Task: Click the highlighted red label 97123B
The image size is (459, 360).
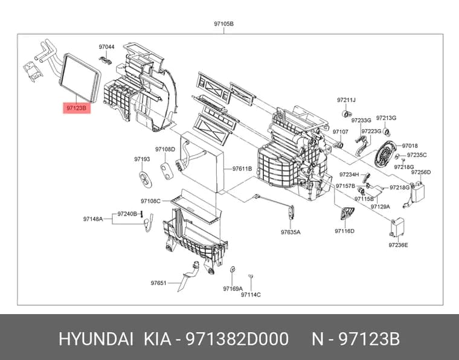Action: [77, 108]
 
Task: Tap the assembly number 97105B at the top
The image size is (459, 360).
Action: [223, 24]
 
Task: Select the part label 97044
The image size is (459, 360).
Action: [106, 47]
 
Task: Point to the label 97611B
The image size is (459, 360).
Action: [242, 169]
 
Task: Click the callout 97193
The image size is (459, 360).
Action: [142, 159]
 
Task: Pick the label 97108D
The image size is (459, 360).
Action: [165, 150]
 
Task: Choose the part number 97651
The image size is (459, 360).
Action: [158, 283]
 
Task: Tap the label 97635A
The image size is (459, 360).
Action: [290, 232]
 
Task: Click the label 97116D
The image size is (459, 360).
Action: [344, 231]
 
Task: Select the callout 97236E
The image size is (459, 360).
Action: [398, 245]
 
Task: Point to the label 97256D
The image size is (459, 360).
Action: [421, 172]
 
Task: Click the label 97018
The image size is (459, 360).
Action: [410, 146]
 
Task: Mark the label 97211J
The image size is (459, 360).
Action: [346, 100]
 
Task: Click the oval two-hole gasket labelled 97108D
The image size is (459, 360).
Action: [167, 171]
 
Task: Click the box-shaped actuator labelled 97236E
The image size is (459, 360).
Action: [397, 227]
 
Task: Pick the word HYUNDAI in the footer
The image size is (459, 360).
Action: [97, 339]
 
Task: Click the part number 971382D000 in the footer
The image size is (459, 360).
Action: [237, 339]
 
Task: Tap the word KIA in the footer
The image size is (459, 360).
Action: [157, 339]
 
